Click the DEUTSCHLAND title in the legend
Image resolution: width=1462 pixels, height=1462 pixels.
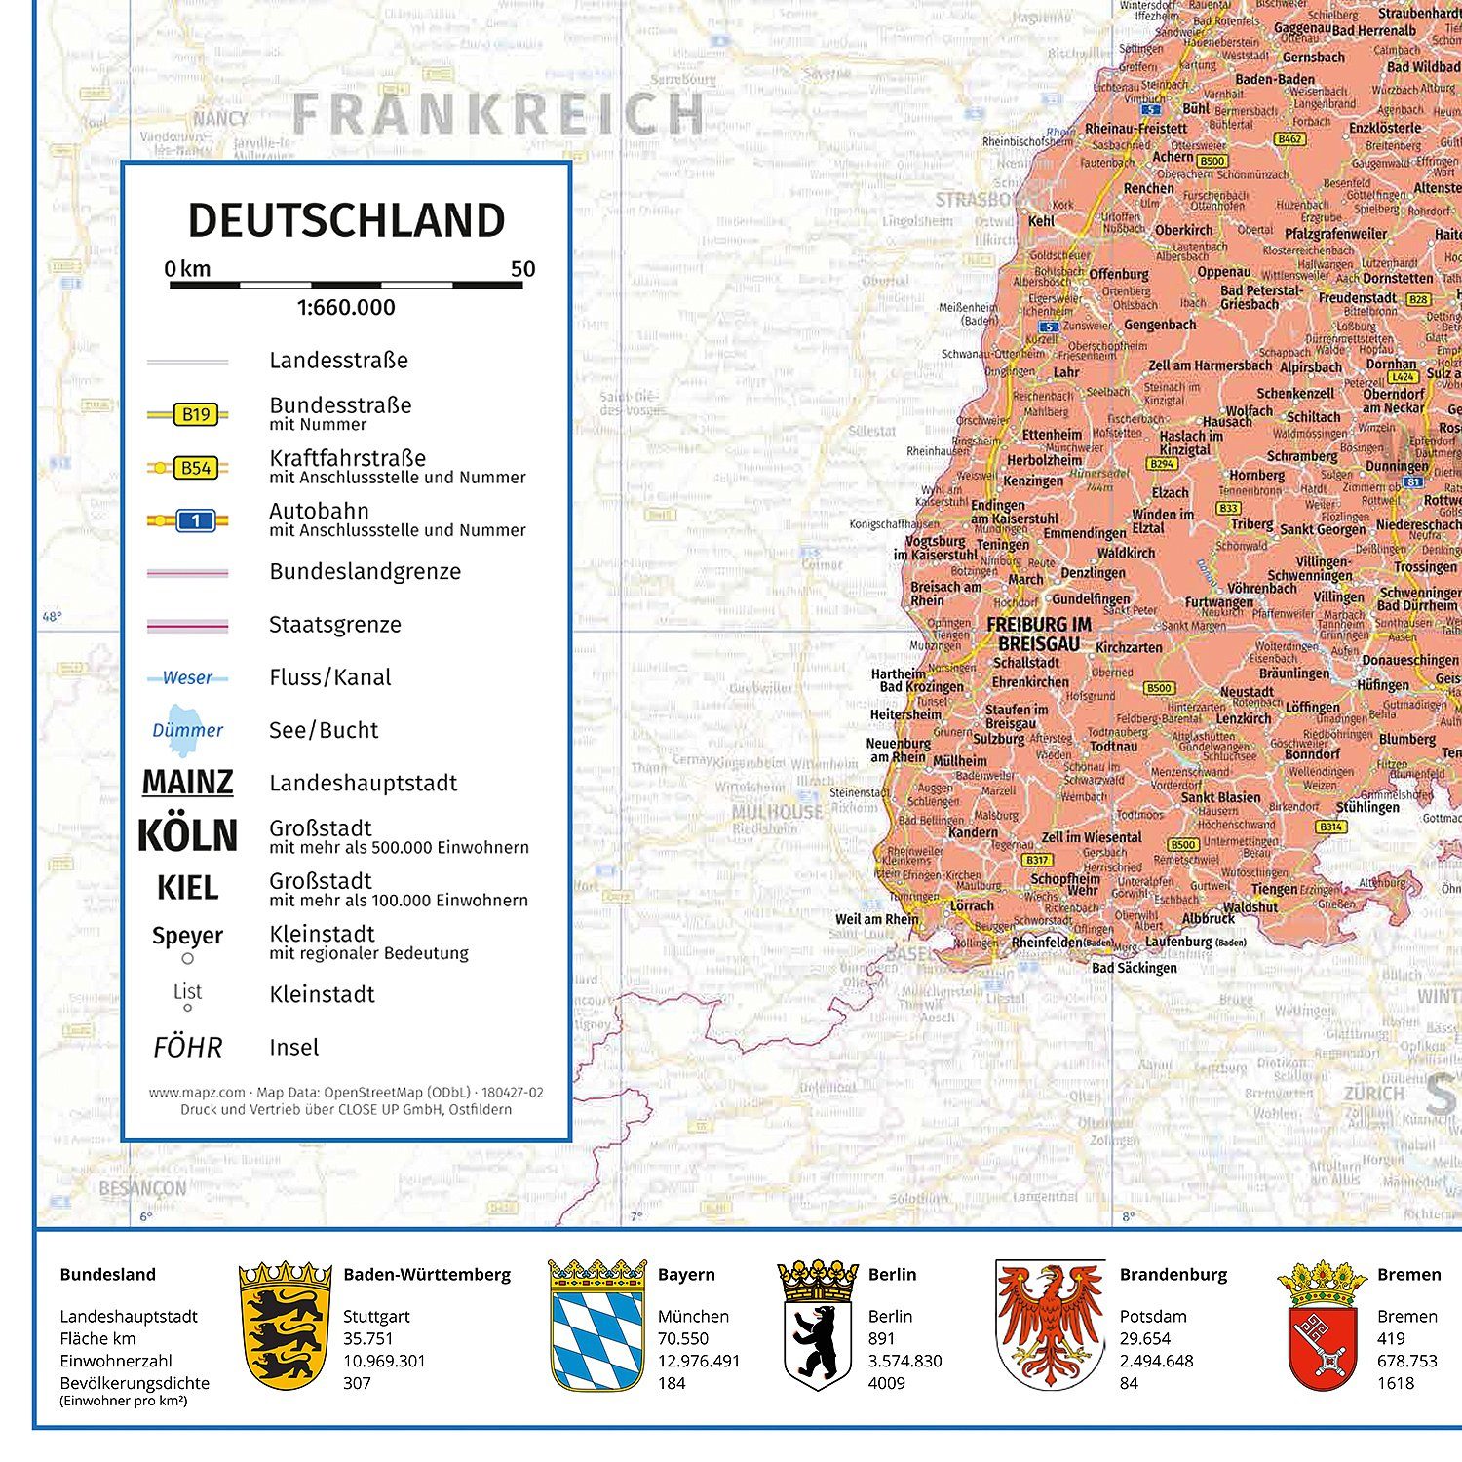(x=346, y=220)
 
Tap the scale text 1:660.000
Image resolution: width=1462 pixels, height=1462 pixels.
(x=346, y=308)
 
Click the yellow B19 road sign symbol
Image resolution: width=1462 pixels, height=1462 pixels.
(x=195, y=414)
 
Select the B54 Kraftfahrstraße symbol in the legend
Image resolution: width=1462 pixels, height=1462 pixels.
(x=195, y=468)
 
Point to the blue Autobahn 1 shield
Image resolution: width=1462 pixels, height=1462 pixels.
(x=195, y=520)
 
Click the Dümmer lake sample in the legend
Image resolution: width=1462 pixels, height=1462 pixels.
(x=187, y=730)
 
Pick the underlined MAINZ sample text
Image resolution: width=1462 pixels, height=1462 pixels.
(x=187, y=783)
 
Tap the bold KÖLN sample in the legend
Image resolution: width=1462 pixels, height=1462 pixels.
(x=187, y=835)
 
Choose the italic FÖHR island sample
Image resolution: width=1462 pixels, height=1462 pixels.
(x=187, y=1048)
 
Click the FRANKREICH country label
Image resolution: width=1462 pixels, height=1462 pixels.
(x=498, y=115)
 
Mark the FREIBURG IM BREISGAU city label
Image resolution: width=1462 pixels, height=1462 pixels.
(x=1039, y=634)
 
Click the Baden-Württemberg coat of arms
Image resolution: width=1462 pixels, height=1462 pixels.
(x=286, y=1326)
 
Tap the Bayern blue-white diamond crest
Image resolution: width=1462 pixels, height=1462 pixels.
(x=597, y=1326)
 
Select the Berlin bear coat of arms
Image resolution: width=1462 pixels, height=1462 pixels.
(x=817, y=1326)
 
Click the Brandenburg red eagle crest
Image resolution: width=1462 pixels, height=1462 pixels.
(x=1050, y=1326)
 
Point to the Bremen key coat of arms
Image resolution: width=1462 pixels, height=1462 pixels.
(x=1323, y=1326)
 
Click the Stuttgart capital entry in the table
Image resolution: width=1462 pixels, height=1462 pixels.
(x=376, y=1317)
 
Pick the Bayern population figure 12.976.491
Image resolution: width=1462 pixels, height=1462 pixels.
(x=699, y=1362)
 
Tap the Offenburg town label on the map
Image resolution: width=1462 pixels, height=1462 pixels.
(x=1119, y=275)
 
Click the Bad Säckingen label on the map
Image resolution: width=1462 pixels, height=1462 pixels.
(x=1135, y=968)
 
